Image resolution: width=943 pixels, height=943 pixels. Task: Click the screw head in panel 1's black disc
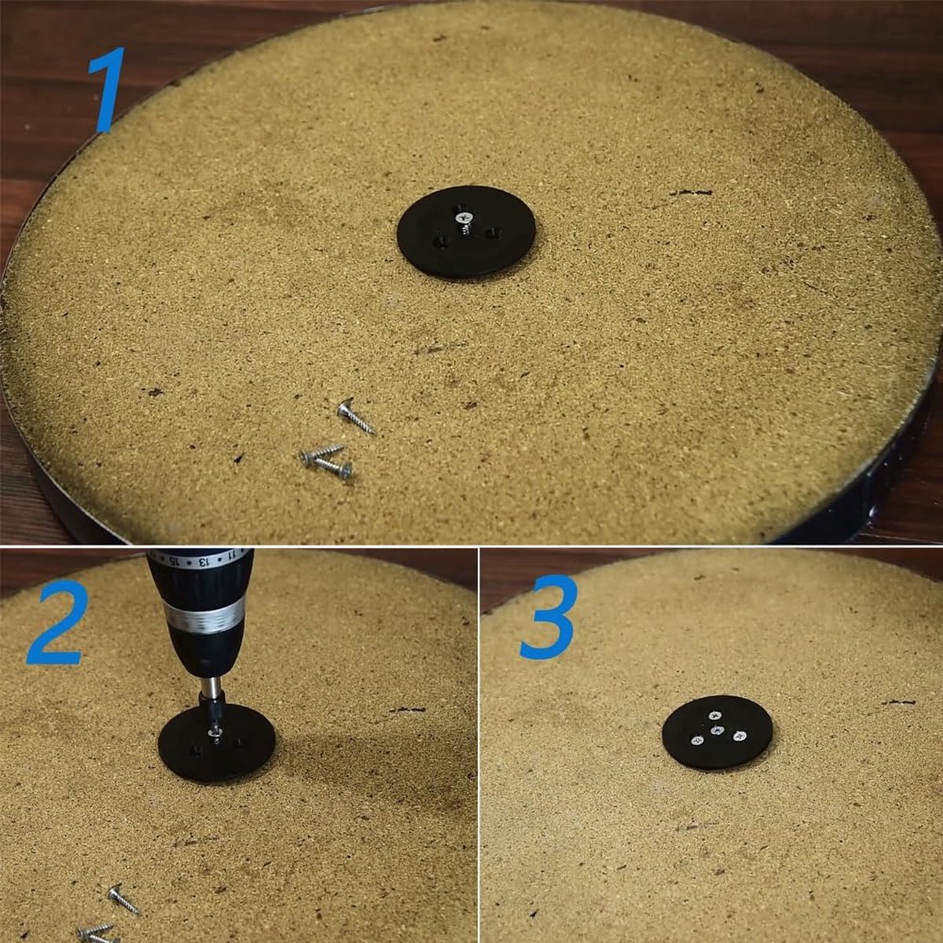click(462, 217)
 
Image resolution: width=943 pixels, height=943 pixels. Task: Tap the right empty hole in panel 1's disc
click(491, 233)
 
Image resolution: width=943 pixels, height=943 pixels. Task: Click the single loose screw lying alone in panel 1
click(356, 417)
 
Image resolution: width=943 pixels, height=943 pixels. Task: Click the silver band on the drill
click(204, 618)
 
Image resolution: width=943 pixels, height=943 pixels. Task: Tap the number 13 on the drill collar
click(202, 561)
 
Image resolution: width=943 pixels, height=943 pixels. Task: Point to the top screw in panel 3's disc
click(714, 715)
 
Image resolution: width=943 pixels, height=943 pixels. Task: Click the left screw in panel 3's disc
click(697, 741)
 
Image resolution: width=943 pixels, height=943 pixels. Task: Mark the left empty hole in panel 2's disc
click(195, 750)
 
